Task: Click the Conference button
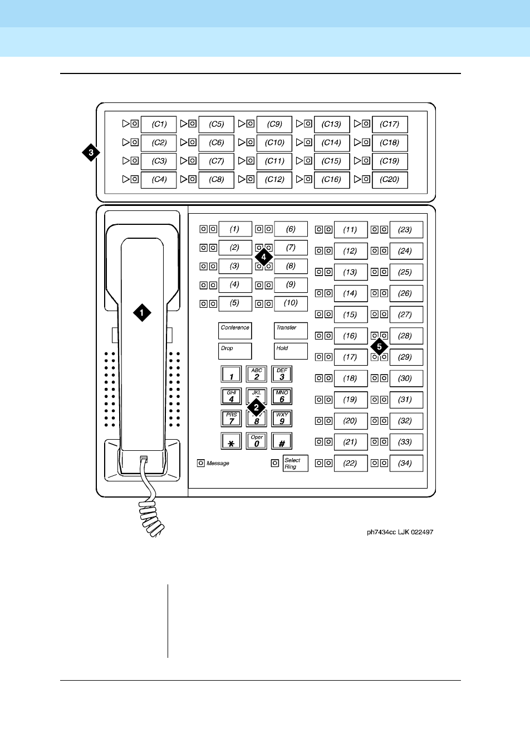[234, 331]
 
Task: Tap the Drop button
[234, 351]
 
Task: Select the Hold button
[291, 351]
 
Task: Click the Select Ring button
[295, 463]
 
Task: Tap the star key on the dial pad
[231, 442]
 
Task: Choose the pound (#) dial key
[282, 442]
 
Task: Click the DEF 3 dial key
[282, 374]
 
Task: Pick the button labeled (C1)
[159, 124]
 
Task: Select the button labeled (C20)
[389, 180]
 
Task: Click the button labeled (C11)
[274, 161]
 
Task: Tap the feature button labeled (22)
[350, 463]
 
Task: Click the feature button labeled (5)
[234, 303]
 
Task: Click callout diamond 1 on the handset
[142, 313]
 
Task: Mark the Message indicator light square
[201, 463]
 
